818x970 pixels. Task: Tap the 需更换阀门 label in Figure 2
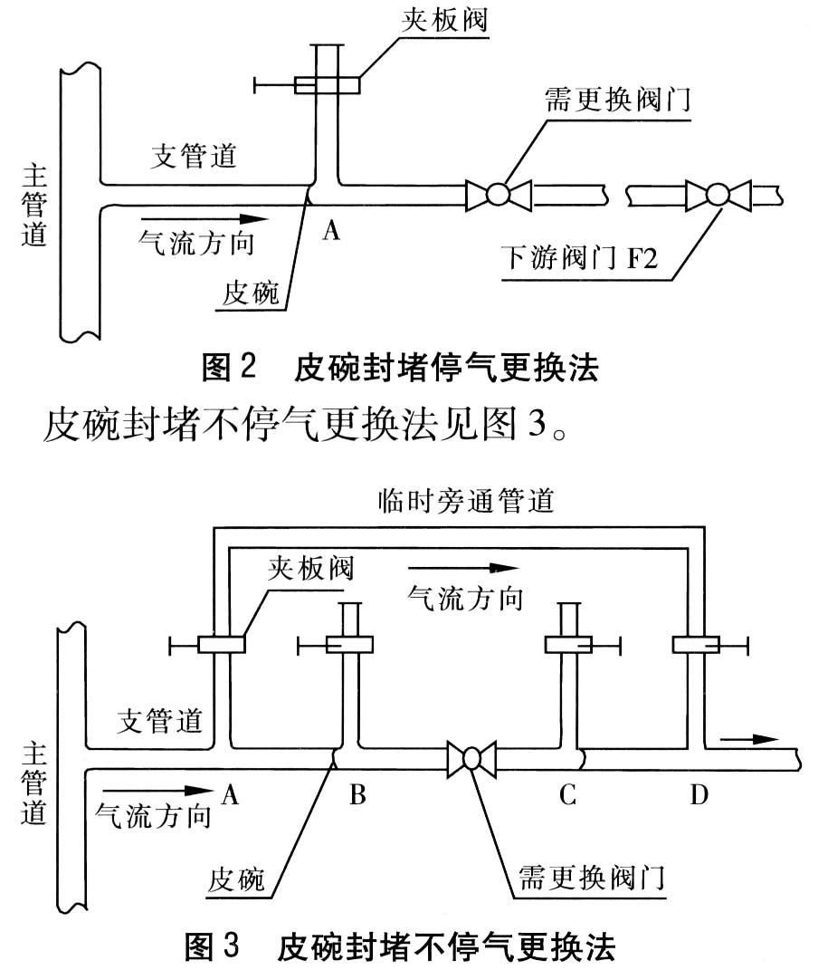pyautogui.click(x=618, y=99)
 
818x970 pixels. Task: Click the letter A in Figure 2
pyautogui.click(x=331, y=233)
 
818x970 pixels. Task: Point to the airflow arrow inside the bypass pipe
pyautogui.click(x=463, y=569)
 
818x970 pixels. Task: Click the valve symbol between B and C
pyautogui.click(x=471, y=758)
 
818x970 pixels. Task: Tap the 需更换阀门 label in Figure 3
pyautogui.click(x=592, y=876)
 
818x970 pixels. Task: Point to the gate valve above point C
pyautogui.click(x=569, y=645)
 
